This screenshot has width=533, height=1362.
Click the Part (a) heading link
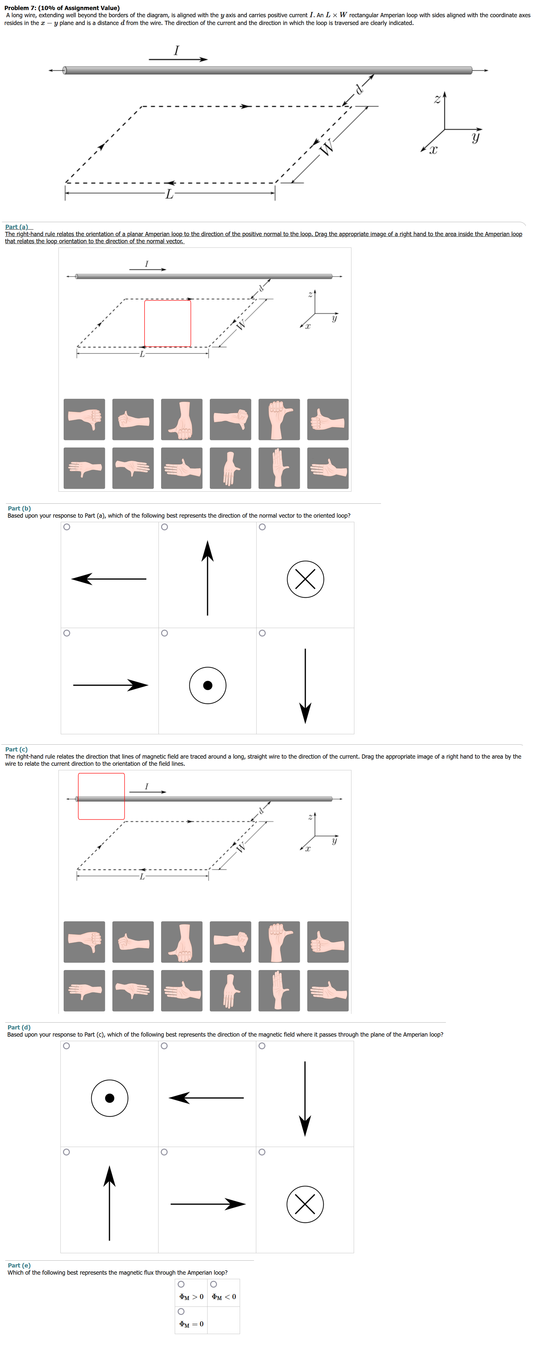pos(18,227)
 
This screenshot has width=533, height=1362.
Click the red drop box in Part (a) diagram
pos(168,323)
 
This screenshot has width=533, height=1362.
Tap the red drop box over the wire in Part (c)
pos(102,796)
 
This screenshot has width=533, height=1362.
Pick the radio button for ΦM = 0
pos(181,1312)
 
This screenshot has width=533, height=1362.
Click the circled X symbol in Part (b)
pos(305,579)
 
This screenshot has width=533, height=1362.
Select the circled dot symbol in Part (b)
pos(208,685)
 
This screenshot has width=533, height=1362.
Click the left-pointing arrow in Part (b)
pos(109,579)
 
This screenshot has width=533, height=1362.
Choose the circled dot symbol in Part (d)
pos(109,1098)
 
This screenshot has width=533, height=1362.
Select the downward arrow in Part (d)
pos(305,1098)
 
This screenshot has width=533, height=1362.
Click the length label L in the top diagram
pos(169,194)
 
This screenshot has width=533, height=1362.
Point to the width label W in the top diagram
pos(327,147)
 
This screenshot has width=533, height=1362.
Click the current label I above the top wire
pos(177,50)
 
